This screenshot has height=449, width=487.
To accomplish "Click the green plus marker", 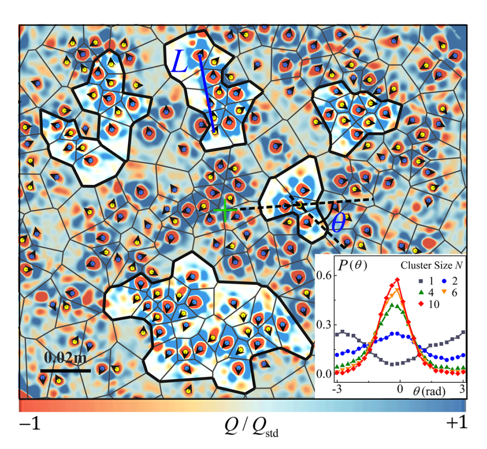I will (x=225, y=210).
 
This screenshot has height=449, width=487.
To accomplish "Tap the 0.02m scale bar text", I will (x=65, y=357).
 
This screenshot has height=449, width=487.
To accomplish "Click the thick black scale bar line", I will (x=65, y=370).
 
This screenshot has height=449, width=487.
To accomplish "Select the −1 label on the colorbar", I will (x=29, y=424).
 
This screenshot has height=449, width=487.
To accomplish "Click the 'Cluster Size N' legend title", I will (x=431, y=266).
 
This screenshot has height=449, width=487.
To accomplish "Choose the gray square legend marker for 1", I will (x=411, y=281).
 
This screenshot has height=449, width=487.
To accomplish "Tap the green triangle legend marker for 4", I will (x=411, y=292).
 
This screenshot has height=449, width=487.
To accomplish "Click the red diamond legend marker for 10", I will (x=411, y=304).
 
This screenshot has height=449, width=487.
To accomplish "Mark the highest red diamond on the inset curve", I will (x=397, y=280).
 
